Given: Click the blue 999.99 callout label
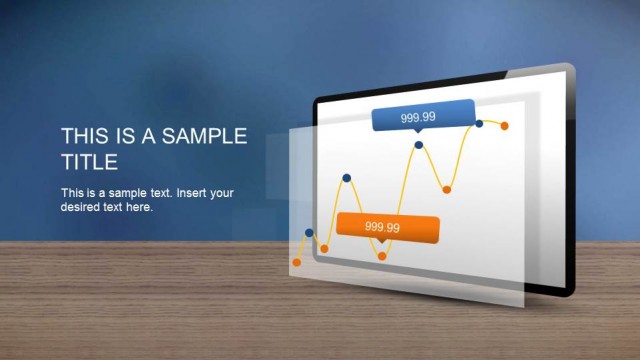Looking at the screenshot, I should pos(421,117).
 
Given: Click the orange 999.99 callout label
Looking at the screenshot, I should pos(388,228).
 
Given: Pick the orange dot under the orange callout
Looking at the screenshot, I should pos(382,257).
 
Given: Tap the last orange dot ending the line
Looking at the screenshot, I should pos(505,126).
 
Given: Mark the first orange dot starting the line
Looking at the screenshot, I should pos(296,263).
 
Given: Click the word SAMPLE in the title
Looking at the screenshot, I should pos(207,137).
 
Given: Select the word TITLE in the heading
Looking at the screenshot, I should pos(90,162).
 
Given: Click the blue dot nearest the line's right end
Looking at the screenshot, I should pos(480,123).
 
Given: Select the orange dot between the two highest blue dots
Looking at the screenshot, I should pos(447,189).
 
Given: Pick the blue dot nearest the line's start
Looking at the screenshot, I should pos(309,233).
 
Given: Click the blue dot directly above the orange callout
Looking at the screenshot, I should pos(346,178).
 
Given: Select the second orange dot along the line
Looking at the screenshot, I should pos(324,248).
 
